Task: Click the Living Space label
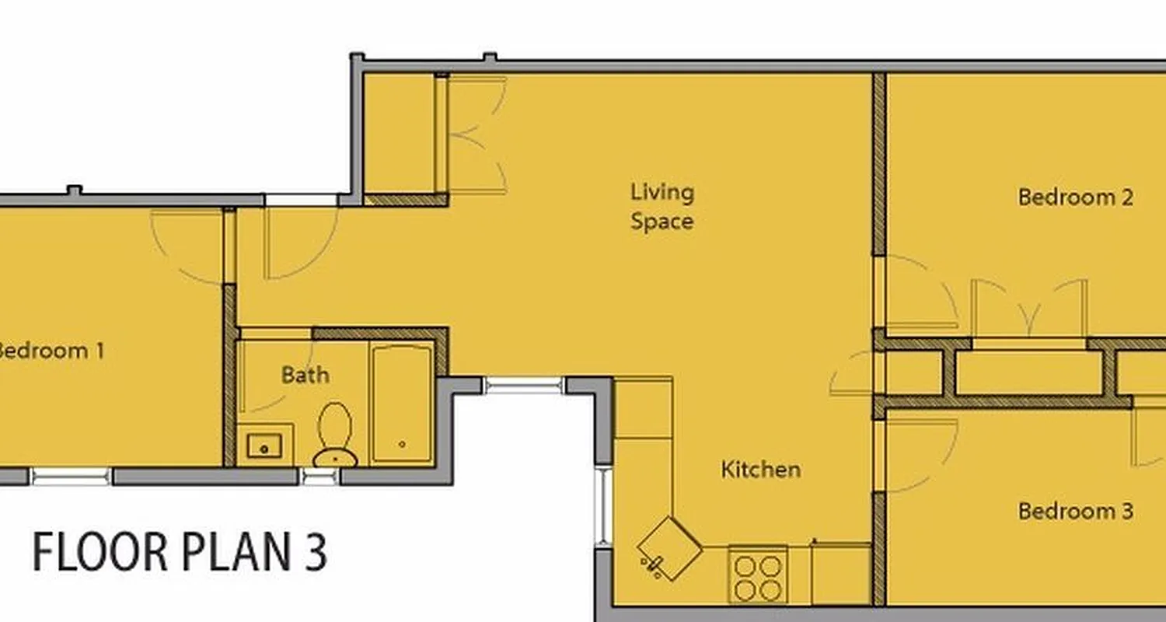point(662,207)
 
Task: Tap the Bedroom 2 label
point(1075,197)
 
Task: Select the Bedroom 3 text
point(1075,512)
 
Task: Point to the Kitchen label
point(760,470)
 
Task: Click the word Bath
point(305,376)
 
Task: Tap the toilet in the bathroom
point(336,436)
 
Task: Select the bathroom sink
point(264,446)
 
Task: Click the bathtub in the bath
point(402,404)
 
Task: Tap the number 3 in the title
point(315,552)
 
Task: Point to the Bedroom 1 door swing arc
point(187,249)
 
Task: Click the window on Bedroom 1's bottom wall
point(71,476)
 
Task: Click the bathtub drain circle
point(402,445)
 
